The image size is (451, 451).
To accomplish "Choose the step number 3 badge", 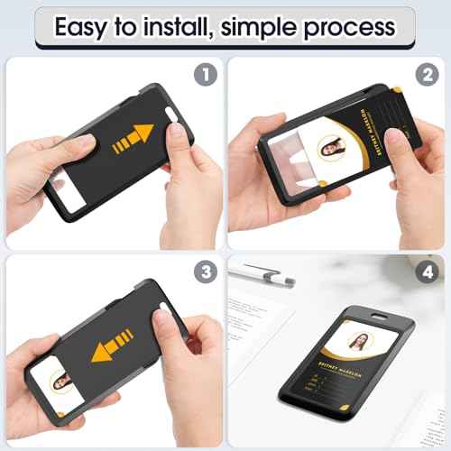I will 206,270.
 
